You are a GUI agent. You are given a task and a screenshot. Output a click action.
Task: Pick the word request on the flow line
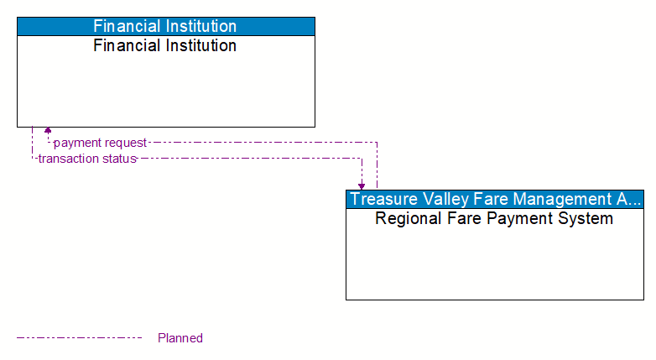125,143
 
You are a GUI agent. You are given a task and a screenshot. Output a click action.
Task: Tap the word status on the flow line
119,159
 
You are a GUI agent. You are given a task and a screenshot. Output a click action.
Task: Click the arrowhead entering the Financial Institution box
48,131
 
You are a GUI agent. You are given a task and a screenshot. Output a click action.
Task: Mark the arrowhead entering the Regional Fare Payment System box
362,185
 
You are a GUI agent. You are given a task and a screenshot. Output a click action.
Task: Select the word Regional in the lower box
407,219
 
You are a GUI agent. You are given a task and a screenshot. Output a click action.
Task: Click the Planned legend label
180,338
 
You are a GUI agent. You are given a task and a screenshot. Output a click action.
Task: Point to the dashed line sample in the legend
80,338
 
